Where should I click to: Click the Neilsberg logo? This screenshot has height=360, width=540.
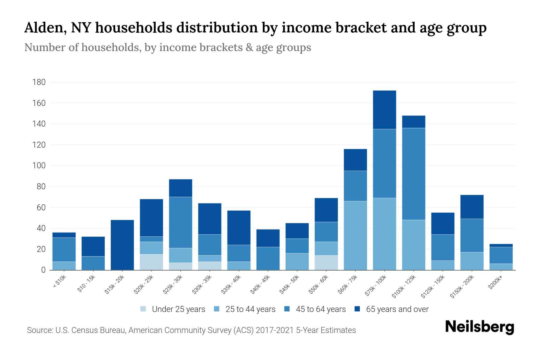point(479,327)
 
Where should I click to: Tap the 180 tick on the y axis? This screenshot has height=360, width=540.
point(39,82)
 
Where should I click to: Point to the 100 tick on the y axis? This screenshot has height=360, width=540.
point(39,166)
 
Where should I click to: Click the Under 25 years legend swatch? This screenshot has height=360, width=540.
point(143,309)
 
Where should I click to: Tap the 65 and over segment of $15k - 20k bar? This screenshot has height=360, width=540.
point(122,245)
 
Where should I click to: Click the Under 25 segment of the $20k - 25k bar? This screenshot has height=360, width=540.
point(151,262)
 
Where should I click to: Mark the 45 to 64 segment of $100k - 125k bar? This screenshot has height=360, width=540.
point(413,174)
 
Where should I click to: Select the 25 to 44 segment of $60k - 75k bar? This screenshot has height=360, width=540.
point(355,235)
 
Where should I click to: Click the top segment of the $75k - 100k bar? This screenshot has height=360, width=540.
point(384,110)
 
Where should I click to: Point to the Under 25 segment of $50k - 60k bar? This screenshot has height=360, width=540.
point(326,262)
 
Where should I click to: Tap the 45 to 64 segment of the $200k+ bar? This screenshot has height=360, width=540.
point(501,255)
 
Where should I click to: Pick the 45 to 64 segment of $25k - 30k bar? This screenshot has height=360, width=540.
point(181,222)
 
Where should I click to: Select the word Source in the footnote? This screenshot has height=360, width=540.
point(39,330)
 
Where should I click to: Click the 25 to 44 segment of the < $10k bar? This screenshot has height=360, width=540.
point(64,266)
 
